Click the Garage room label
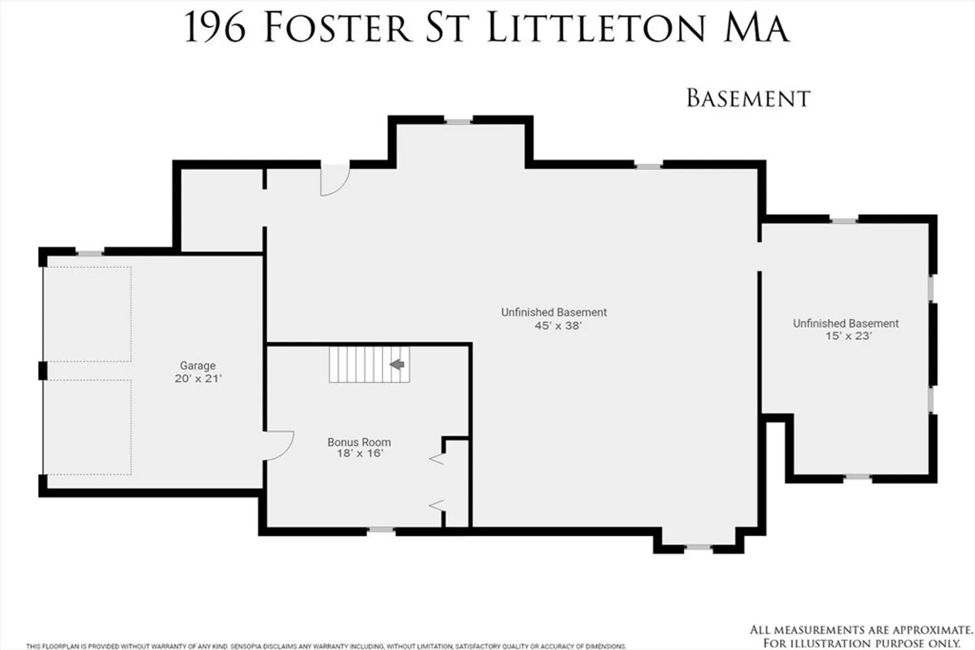198,365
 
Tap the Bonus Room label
359,442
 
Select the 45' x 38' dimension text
558,326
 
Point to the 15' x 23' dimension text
849,336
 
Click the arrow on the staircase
397,364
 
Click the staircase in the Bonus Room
369,364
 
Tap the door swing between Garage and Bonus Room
279,445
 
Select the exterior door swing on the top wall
335,180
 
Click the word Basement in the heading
748,98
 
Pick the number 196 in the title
215,28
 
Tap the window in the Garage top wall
90,253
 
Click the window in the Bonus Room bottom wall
381,530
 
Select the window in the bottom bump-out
698,547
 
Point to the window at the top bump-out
458,122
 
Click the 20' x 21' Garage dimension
198,379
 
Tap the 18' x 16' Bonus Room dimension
360,453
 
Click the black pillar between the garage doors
43,371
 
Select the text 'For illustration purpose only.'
862,643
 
